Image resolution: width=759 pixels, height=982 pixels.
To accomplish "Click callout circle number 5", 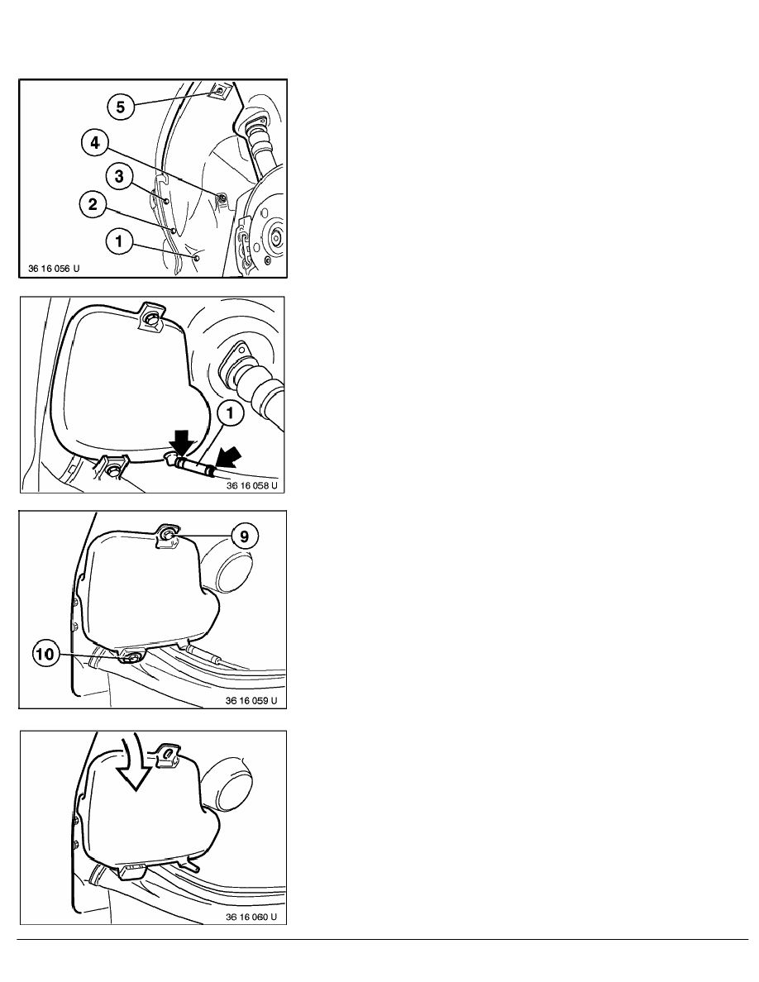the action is (120, 107).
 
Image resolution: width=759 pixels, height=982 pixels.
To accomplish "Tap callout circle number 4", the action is (94, 143).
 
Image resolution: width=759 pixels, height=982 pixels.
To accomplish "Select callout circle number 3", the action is (119, 176).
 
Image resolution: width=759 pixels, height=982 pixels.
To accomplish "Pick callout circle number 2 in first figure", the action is (93, 205).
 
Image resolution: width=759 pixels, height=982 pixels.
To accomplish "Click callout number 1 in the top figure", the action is (119, 240).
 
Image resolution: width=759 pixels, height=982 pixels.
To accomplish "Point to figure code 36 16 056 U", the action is (54, 269).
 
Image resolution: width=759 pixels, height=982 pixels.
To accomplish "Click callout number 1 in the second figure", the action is (231, 412).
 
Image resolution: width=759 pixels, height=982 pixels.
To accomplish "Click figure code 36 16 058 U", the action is (251, 485).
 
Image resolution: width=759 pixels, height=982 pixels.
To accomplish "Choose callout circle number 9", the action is (244, 536).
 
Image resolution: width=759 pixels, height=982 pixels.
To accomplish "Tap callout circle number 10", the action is (45, 655).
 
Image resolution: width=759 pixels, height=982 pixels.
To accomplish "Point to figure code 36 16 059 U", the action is (251, 701).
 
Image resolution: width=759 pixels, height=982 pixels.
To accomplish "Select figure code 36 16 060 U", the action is (251, 918).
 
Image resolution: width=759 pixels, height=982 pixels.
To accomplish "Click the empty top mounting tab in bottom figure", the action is (167, 756).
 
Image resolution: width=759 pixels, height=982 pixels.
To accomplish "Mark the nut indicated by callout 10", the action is (131, 658).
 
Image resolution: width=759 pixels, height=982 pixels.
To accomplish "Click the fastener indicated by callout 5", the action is (220, 90).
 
